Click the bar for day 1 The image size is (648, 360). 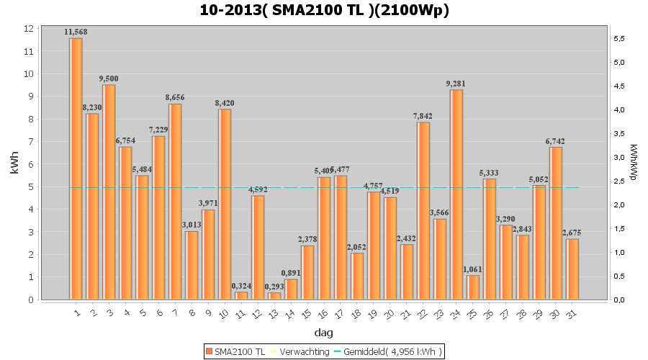(x=76, y=168)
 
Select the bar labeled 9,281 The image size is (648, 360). (x=456, y=194)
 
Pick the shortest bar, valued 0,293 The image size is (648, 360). (x=274, y=295)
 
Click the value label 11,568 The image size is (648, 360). (x=76, y=32)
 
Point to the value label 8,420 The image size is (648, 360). (x=225, y=103)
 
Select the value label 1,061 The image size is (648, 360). (x=473, y=269)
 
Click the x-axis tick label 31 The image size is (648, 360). (x=571, y=314)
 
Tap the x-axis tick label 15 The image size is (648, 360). (x=306, y=314)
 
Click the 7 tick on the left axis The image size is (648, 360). (x=30, y=142)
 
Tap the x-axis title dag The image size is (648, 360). (x=323, y=333)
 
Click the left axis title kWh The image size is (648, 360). (x=15, y=163)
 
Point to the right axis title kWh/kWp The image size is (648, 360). (x=633, y=163)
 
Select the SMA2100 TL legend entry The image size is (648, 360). (x=235, y=351)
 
